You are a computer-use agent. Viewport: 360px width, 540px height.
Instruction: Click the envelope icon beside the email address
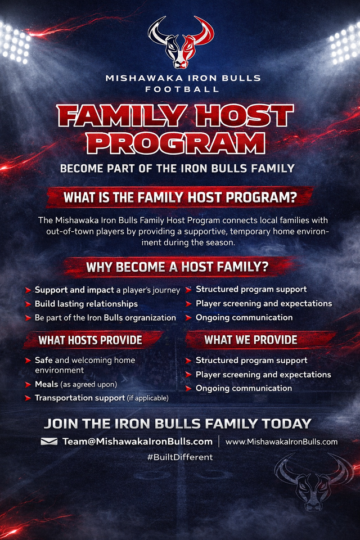pos(49,442)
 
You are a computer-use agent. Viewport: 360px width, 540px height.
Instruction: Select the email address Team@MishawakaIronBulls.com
pos(137,442)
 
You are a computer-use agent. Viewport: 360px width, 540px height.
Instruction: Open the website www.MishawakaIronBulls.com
pos(281,442)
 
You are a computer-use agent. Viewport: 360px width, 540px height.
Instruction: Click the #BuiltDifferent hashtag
pos(180,457)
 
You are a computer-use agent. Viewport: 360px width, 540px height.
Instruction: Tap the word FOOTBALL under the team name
pos(182,89)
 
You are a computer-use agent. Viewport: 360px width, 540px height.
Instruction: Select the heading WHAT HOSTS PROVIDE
pos(90,340)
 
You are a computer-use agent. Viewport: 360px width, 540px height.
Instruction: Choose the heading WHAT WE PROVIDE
pos(251,340)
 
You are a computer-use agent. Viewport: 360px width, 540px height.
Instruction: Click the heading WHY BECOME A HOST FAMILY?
pos(177,267)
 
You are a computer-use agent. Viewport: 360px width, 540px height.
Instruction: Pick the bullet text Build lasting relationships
pos(86,304)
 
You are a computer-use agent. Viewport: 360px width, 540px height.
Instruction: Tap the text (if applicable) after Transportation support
pos(148,398)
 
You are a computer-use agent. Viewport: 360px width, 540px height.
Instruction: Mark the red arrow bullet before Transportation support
pos(28,398)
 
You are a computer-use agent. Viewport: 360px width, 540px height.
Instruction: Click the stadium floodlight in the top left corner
pos(13,43)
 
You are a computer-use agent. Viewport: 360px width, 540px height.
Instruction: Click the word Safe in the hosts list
pos(43,360)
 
